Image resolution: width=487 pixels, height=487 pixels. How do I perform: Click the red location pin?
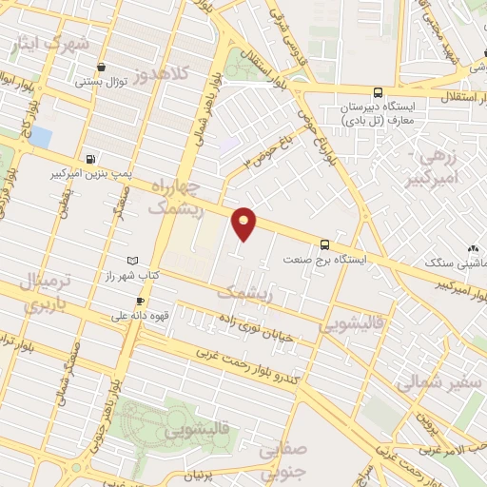pyautogui.click(x=244, y=223)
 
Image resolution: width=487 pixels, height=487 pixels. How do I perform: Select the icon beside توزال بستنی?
pyautogui.click(x=102, y=67)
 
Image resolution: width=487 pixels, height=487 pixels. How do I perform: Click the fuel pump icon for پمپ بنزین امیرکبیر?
pyautogui.click(x=89, y=160)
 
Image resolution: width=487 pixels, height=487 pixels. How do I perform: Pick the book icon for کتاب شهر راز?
pyautogui.click(x=132, y=261)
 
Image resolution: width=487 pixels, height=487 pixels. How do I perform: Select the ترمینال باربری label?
pyautogui.click(x=42, y=291)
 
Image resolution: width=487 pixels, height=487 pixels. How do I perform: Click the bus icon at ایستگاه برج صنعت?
pyautogui.click(x=325, y=243)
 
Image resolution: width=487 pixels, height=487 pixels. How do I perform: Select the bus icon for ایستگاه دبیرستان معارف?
pyautogui.click(x=379, y=92)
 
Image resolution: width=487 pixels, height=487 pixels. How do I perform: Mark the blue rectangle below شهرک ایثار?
pyautogui.click(x=40, y=137)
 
